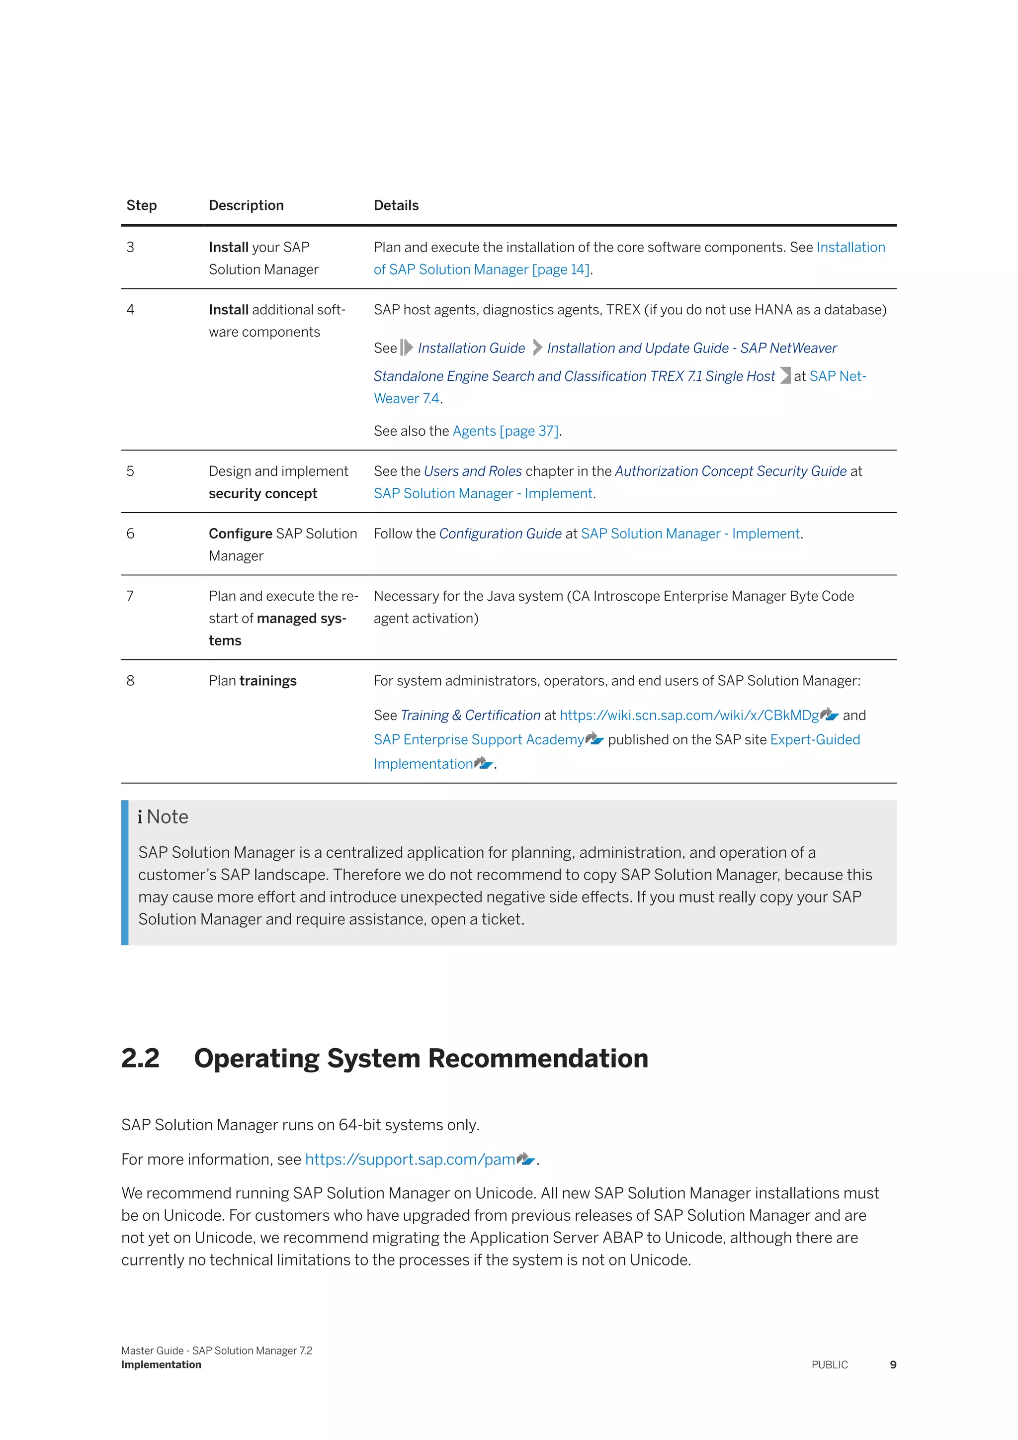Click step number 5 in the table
coord(130,471)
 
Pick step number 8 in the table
coord(130,681)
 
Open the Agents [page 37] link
coord(505,431)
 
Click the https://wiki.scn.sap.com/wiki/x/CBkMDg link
coord(689,715)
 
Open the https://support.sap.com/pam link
coord(410,1159)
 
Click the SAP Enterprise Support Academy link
coord(478,739)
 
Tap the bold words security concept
coord(262,494)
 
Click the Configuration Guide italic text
coord(500,534)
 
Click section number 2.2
coord(140,1058)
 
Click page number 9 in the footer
coord(893,1365)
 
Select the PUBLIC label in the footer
coord(829,1365)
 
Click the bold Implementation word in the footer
coord(161,1365)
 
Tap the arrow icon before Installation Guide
coord(407,348)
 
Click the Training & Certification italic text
coord(470,715)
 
